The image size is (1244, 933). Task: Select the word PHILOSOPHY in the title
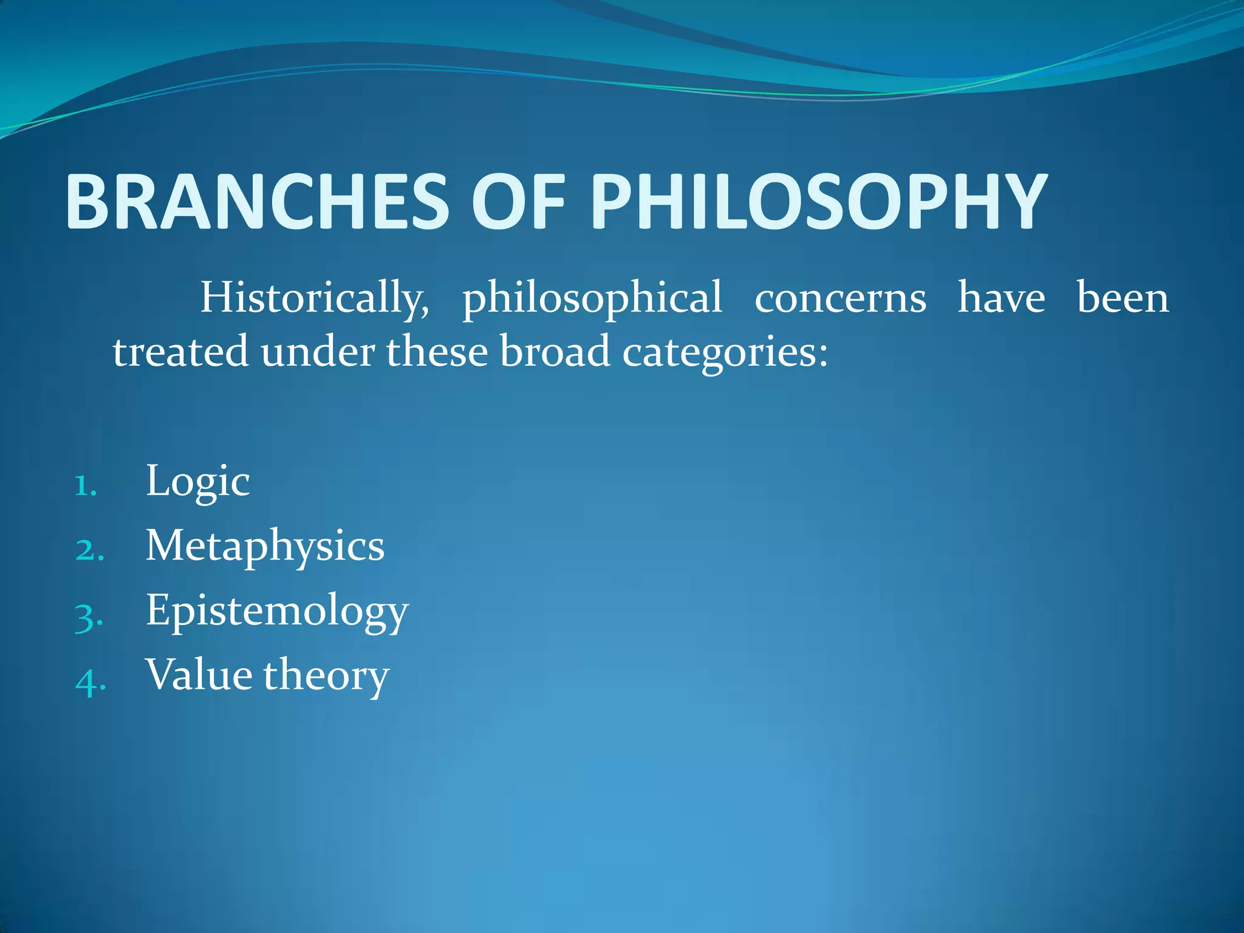pyautogui.click(x=819, y=202)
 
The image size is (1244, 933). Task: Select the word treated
pyautogui.click(x=180, y=352)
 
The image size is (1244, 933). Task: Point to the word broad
pyautogui.click(x=554, y=352)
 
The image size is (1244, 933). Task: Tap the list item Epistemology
pyautogui.click(x=277, y=611)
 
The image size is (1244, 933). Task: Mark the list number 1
pyautogui.click(x=86, y=486)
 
